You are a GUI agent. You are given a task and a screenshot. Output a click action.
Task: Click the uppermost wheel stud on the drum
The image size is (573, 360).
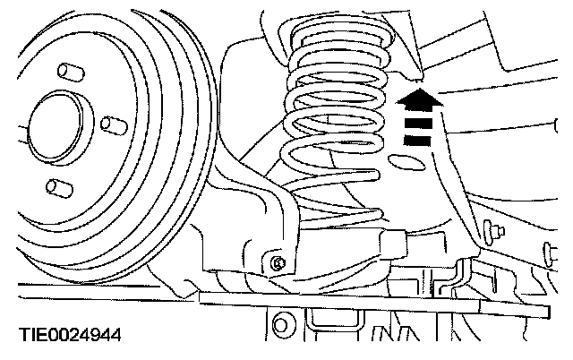click(64, 71)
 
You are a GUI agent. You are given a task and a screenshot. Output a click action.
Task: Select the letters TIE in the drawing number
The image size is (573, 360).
click(32, 338)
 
